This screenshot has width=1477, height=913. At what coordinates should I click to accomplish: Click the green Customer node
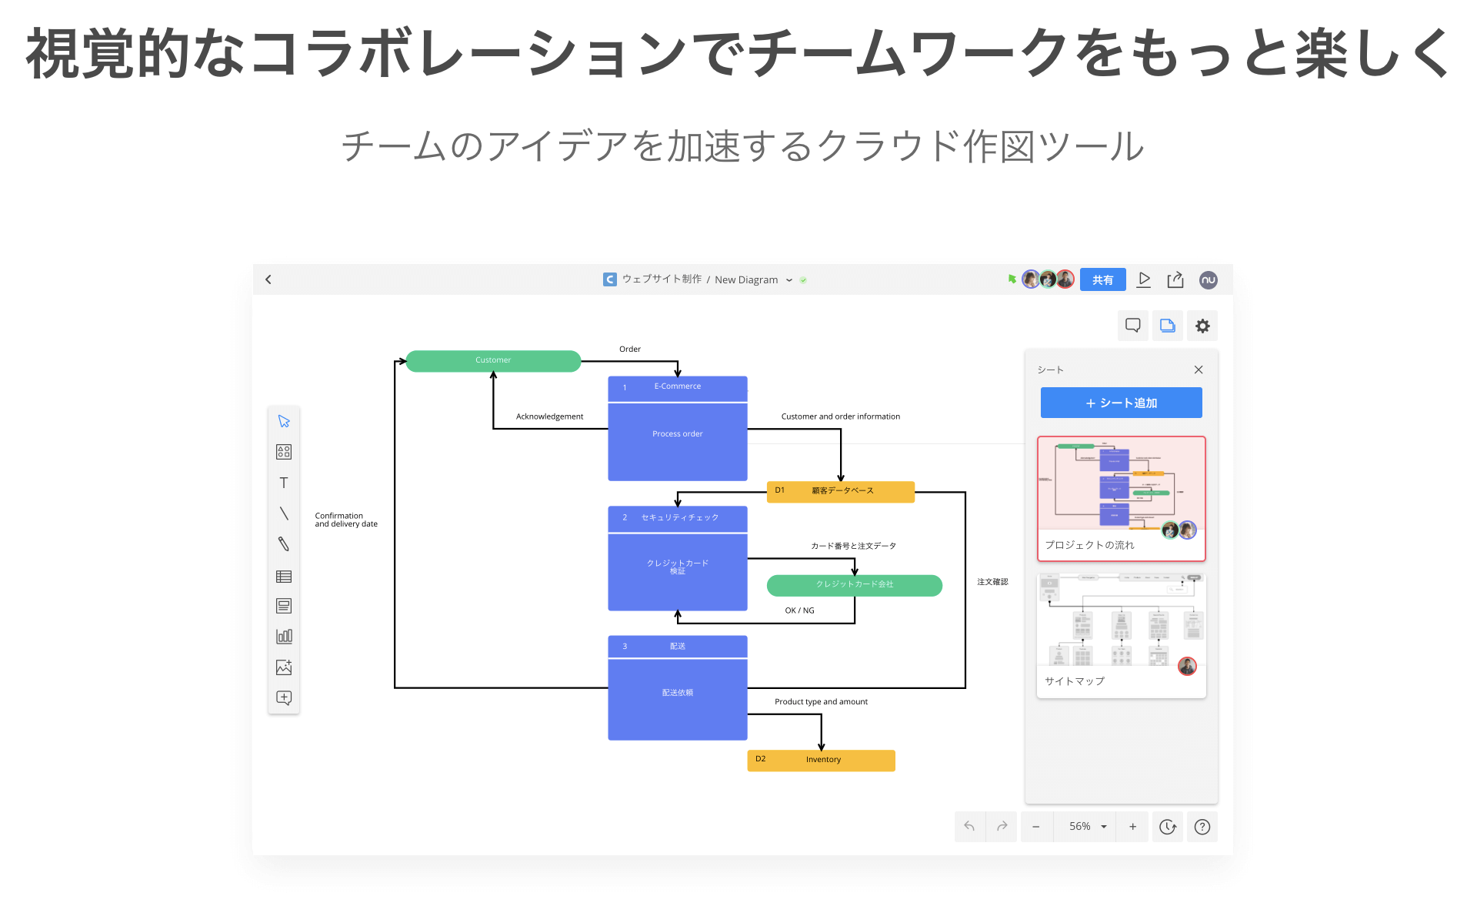[x=493, y=360]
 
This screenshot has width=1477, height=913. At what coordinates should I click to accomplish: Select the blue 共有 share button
[x=1102, y=279]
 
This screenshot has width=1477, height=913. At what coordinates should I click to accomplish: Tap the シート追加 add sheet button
[x=1121, y=403]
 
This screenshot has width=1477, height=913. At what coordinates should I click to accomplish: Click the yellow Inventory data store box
[x=821, y=760]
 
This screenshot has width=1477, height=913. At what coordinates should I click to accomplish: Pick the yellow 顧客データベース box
[x=841, y=491]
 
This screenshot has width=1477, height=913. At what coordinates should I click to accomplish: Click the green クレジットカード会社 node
[x=854, y=585]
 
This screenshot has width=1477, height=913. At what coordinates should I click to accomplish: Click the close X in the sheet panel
[x=1198, y=370]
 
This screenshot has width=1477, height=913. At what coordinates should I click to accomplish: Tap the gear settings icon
[x=1202, y=326]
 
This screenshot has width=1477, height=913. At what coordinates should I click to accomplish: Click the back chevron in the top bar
[x=268, y=279]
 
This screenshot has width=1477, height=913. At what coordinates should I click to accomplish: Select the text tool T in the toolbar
[x=284, y=483]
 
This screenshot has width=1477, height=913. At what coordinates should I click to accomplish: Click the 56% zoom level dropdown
[x=1087, y=827]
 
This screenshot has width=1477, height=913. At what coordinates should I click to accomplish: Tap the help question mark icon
[x=1202, y=827]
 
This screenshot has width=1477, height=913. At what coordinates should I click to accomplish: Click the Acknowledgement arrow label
[x=549, y=416]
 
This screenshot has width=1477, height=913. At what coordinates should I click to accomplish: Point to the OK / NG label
[x=799, y=610]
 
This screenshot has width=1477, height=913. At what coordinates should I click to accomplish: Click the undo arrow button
[x=969, y=827]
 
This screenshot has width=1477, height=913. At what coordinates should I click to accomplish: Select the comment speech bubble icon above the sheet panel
[x=1132, y=326]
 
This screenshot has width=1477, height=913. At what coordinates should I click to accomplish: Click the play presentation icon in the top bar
[x=1144, y=279]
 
